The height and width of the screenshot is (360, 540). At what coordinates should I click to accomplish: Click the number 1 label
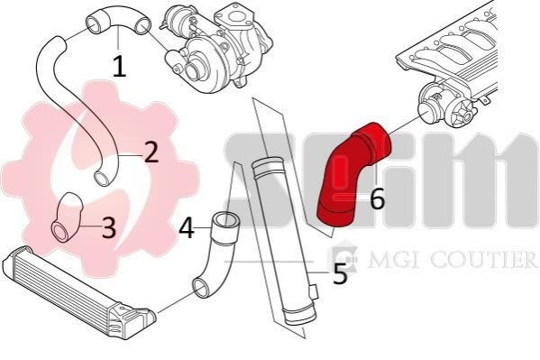(x=120, y=67)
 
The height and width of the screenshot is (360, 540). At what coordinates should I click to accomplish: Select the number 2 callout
(x=151, y=152)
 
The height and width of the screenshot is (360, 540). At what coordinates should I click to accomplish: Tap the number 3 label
(x=109, y=227)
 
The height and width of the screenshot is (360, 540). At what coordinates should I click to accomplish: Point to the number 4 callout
(x=187, y=228)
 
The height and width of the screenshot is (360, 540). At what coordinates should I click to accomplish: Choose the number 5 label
(x=340, y=273)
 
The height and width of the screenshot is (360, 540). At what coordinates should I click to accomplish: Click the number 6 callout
(x=377, y=199)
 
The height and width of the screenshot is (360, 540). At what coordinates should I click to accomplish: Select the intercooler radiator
(x=78, y=293)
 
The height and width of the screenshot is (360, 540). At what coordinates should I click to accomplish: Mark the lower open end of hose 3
(x=61, y=232)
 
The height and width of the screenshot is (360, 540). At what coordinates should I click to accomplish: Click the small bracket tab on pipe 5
(x=314, y=292)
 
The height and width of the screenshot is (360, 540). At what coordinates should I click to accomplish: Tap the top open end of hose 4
(x=225, y=220)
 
